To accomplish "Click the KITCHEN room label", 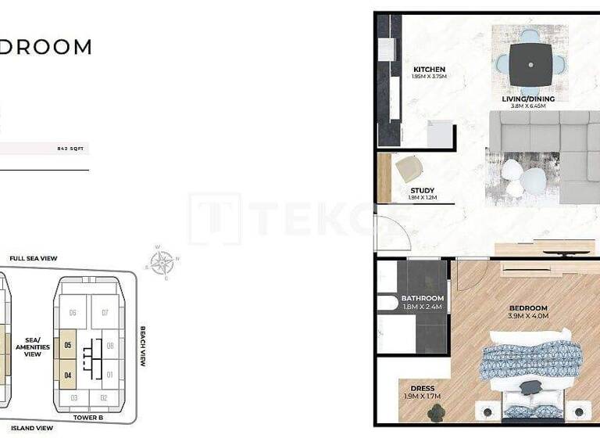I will click(429, 70).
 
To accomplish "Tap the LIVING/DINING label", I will click(528, 99).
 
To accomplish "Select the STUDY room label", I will click(422, 190).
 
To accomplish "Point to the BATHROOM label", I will click(422, 298).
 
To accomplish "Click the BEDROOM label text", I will click(528, 308).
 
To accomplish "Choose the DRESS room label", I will click(423, 389).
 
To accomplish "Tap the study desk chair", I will click(409, 168).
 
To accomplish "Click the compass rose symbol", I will click(162, 263).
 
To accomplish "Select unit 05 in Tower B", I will click(68, 345).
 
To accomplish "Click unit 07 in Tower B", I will click(105, 313).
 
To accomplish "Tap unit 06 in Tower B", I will click(73, 313).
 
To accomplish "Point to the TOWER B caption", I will click(90, 418).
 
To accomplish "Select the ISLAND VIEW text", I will click(31, 428).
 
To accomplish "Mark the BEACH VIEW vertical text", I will click(143, 346).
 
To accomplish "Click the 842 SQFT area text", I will click(71, 147).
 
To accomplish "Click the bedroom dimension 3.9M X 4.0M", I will click(528, 317).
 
